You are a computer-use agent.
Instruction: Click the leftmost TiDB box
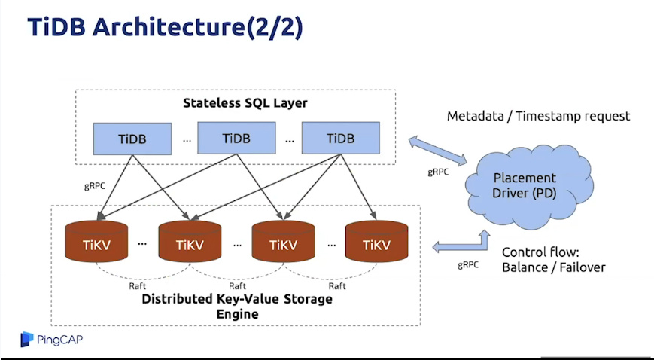132,139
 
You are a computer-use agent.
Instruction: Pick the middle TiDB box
236,139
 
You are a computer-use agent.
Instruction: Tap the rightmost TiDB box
340,139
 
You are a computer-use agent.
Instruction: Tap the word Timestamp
549,117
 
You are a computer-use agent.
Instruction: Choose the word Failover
579,267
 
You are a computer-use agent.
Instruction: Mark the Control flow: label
535,252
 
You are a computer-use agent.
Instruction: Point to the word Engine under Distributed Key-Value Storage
236,313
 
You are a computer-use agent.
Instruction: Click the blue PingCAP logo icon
27,339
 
